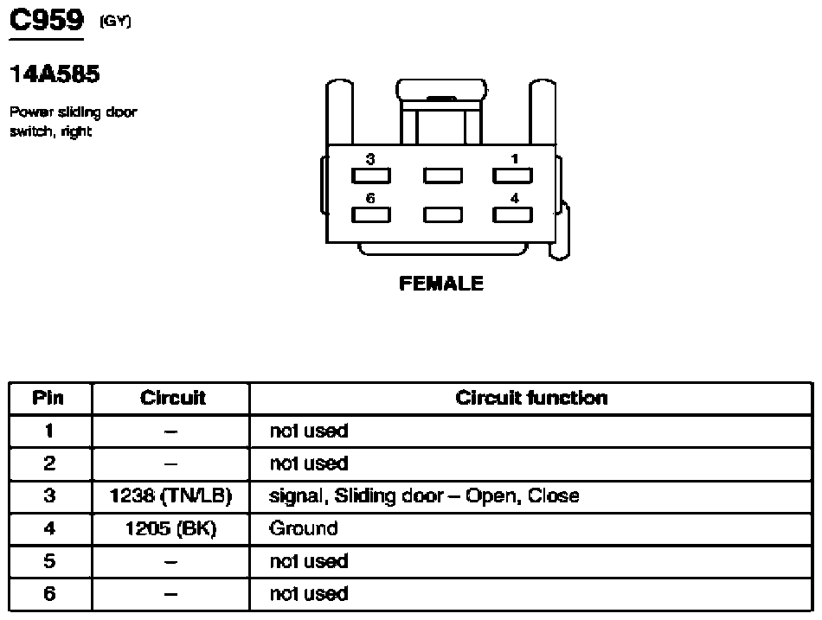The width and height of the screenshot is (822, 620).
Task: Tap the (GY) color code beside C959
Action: tap(115, 22)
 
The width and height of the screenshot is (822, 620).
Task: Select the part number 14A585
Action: tap(55, 74)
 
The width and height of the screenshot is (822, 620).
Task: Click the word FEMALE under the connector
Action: tap(441, 283)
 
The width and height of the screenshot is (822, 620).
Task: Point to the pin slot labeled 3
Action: tap(370, 176)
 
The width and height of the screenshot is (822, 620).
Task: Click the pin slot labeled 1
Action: tap(512, 176)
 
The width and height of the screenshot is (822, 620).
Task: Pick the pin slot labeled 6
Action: tap(370, 214)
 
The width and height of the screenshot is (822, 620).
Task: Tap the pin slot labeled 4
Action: tap(512, 214)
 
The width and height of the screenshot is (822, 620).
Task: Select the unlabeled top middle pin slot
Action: tap(441, 176)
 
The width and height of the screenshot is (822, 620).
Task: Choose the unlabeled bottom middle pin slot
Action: tap(441, 214)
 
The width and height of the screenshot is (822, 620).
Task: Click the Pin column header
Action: tap(49, 398)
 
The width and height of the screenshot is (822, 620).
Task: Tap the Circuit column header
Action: tap(172, 398)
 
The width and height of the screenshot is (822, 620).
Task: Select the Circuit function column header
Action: tap(531, 398)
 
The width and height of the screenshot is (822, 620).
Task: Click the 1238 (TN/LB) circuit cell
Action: tap(172, 496)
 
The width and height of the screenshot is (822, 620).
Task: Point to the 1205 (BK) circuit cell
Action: tap(172, 528)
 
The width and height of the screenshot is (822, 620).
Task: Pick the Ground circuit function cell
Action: tap(303, 528)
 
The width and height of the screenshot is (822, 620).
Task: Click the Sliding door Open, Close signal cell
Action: tap(424, 496)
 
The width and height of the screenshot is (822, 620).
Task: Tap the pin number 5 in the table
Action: tap(49, 561)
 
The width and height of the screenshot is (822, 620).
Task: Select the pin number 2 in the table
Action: tap(49, 463)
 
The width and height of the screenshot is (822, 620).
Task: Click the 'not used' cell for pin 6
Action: tap(309, 594)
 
